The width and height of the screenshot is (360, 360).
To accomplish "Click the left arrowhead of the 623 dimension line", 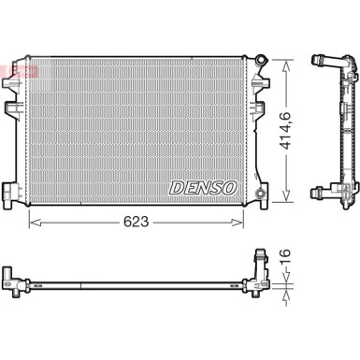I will coord(34,223).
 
